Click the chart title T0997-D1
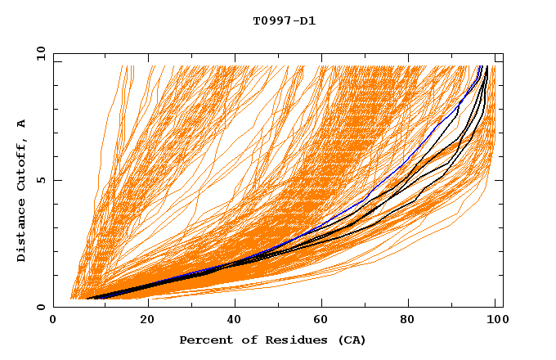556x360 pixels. (284, 20)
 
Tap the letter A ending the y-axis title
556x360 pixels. (22, 124)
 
